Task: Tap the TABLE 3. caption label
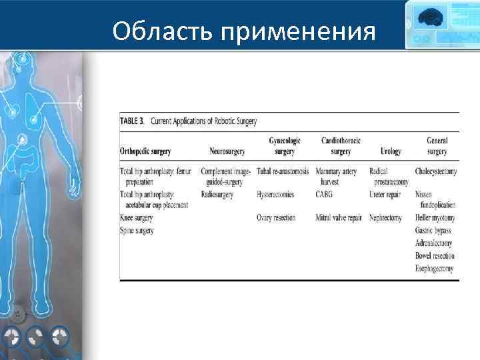133,121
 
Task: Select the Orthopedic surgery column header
145,152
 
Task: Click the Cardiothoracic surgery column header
341,146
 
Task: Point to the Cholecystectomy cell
435,171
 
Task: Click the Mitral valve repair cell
339,218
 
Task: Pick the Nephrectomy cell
386,218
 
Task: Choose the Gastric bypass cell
433,231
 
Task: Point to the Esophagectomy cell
434,269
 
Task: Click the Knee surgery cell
136,218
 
